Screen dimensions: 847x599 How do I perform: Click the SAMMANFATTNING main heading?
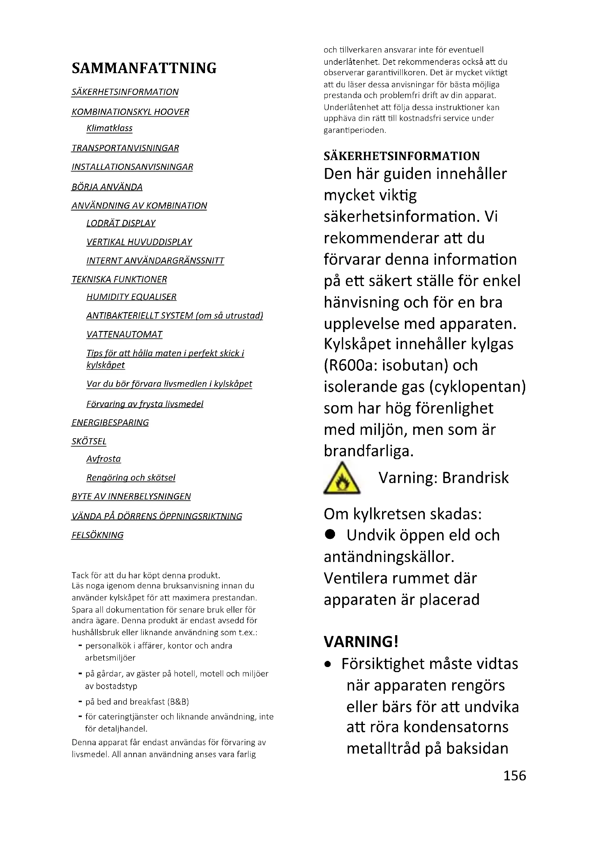point(144,68)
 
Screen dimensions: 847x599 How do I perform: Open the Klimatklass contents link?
point(109,129)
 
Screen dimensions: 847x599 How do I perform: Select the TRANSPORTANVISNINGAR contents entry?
point(125,148)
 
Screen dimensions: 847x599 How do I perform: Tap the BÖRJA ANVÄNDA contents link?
point(107,187)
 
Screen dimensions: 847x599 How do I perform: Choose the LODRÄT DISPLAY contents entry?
point(121,223)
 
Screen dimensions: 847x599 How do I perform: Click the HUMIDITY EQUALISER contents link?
point(131,297)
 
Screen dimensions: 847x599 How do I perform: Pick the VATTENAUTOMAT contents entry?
point(124,335)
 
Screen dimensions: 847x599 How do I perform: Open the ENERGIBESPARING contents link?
point(110,423)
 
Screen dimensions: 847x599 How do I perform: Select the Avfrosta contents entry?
point(103,459)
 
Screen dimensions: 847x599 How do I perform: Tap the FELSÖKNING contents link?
point(97,535)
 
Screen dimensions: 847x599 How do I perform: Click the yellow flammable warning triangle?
point(342,478)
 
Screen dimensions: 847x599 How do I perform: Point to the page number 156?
point(515,776)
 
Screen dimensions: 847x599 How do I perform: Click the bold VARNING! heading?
point(361,642)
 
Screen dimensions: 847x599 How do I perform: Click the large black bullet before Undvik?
point(330,534)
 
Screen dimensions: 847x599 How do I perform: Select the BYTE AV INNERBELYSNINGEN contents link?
point(131,497)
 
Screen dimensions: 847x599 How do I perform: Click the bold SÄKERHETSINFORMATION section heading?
point(402,156)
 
